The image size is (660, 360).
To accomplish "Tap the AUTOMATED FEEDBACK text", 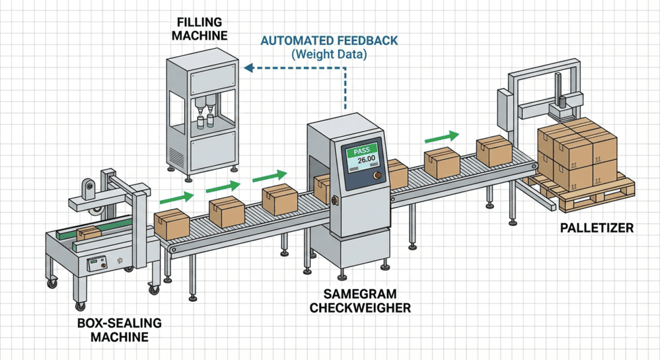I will (x=329, y=41).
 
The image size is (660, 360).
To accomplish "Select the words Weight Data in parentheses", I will (x=329, y=55).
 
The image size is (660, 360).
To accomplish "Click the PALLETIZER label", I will (x=597, y=229).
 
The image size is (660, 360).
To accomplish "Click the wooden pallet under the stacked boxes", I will (x=581, y=195).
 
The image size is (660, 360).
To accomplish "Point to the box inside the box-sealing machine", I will (x=88, y=233).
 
